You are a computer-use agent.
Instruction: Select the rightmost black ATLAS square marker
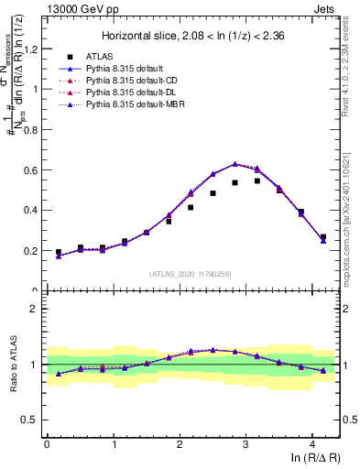[x=322, y=237]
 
